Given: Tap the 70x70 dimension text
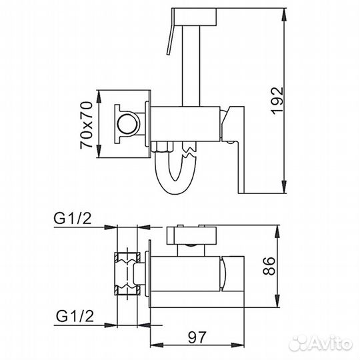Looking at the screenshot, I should [85, 125].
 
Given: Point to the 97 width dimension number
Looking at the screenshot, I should [213, 338].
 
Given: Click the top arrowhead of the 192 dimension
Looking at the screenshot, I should [286, 8].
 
